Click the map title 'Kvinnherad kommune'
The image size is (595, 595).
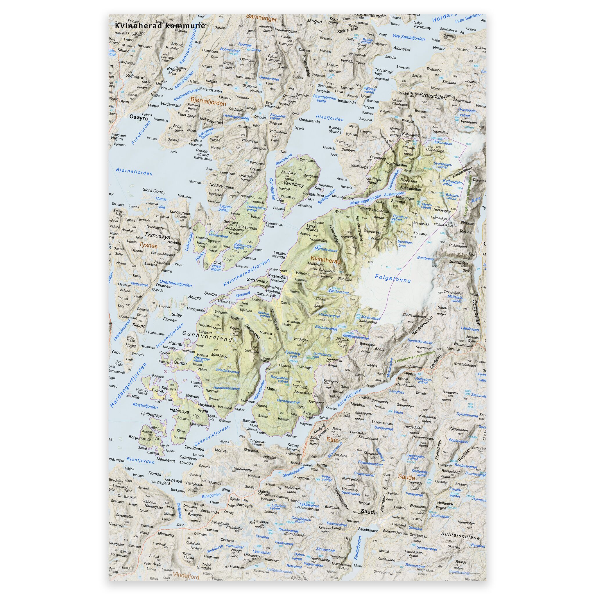159,26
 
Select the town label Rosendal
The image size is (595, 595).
277,277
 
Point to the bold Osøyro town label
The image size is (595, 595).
139,118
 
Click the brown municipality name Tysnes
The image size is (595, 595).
148,246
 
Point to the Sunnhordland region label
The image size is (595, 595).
207,336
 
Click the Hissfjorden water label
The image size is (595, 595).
330,118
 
